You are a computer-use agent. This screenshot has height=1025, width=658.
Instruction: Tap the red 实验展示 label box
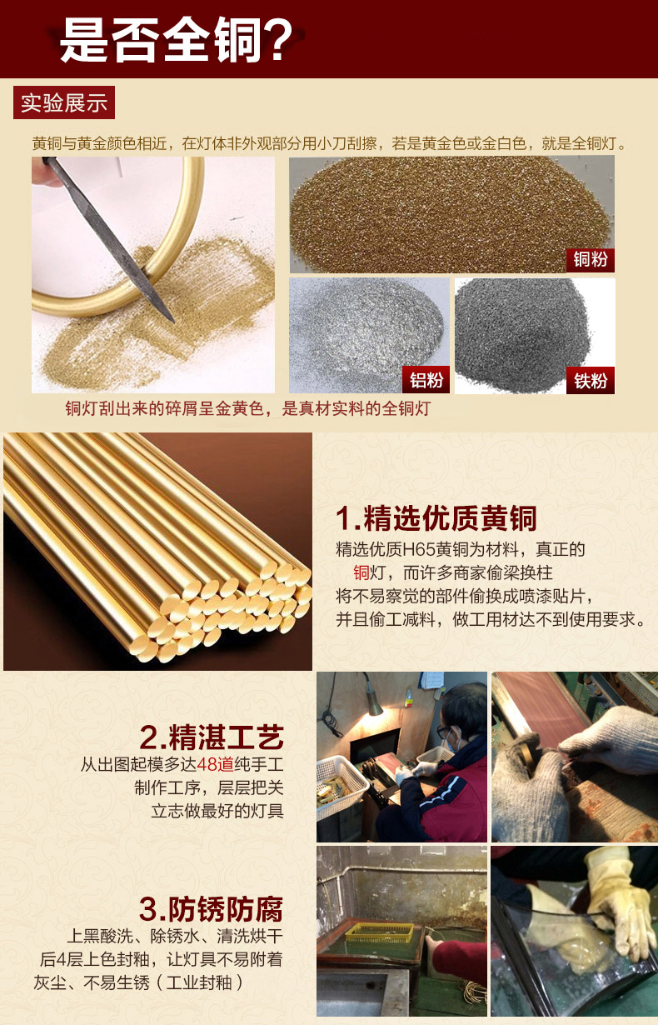click(64, 102)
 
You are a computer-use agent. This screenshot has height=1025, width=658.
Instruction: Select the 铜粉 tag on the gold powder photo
click(591, 260)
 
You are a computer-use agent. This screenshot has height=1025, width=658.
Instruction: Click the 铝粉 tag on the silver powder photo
click(426, 380)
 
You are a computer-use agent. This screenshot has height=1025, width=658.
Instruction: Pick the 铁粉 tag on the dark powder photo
click(591, 380)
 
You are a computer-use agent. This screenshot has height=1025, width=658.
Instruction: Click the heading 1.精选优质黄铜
click(436, 518)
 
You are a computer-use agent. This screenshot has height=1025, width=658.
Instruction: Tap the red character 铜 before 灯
click(361, 572)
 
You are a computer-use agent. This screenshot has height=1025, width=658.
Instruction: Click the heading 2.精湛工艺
click(212, 737)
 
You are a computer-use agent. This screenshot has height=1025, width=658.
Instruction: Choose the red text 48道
click(216, 763)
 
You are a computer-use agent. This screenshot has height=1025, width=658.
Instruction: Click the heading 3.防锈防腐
click(212, 908)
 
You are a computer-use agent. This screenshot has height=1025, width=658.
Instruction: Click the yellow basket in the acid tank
click(380, 932)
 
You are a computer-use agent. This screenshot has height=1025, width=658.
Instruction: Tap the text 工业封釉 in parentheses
click(199, 982)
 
